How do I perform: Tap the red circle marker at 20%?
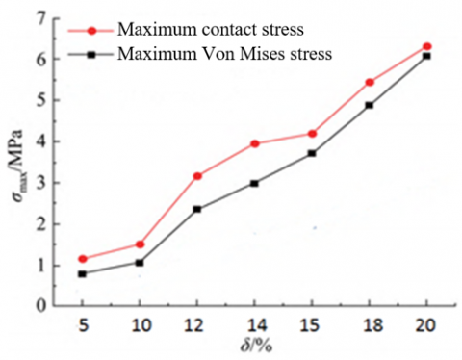426,46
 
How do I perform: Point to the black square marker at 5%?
83,273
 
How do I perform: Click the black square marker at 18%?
370,105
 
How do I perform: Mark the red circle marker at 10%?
140,244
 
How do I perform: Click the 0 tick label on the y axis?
38,305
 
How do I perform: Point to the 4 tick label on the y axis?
38,141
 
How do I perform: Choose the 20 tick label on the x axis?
426,324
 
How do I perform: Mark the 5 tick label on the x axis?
83,324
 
